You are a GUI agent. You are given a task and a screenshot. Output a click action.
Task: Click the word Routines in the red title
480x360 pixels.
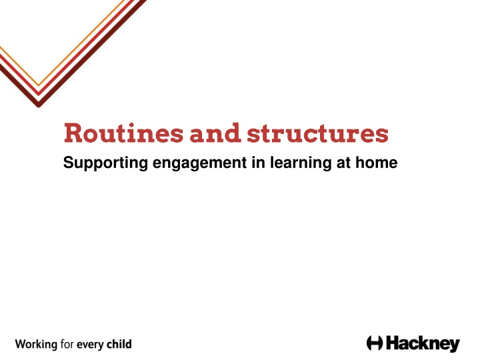(x=123, y=133)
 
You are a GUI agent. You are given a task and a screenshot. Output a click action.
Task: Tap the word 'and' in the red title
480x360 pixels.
(x=215, y=133)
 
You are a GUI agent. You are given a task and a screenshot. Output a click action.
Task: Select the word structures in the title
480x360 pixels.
(x=318, y=133)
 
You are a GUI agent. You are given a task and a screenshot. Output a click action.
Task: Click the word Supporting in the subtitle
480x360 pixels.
(x=105, y=163)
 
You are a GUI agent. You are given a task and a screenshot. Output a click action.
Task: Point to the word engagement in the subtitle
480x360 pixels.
(x=199, y=163)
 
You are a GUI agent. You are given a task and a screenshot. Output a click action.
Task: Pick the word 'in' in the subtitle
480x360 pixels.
(x=259, y=162)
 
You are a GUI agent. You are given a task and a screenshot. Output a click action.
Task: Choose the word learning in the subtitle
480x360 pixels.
(x=301, y=163)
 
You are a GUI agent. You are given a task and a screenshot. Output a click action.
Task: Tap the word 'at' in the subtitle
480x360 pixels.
(x=343, y=163)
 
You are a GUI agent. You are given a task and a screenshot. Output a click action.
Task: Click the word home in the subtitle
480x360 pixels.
(x=377, y=162)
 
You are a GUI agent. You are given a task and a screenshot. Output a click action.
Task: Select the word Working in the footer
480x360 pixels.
(x=36, y=345)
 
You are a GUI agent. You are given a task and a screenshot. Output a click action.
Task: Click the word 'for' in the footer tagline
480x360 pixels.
(x=67, y=344)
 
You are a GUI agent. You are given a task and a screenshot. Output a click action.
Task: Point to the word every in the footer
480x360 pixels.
(x=90, y=345)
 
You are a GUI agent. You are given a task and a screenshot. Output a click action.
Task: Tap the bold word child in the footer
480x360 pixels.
(x=119, y=344)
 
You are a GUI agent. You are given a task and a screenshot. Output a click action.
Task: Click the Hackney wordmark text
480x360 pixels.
(x=423, y=344)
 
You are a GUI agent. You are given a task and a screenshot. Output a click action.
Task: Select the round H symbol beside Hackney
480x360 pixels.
(x=375, y=343)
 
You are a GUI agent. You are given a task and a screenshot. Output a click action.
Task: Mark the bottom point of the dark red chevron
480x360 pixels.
(x=39, y=107)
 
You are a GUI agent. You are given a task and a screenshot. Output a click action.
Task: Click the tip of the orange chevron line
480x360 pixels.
(x=39, y=85)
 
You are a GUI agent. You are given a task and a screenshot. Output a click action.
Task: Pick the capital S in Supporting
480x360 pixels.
(x=68, y=162)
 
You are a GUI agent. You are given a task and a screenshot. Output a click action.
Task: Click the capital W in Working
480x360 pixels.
(x=21, y=345)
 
